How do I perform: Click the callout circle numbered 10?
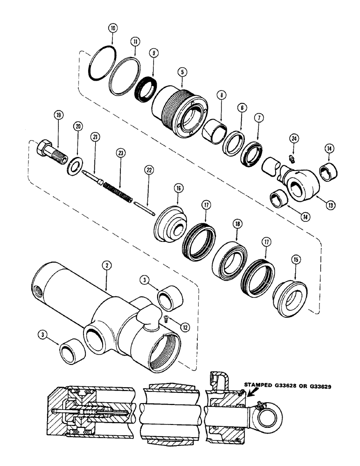coord(112,27)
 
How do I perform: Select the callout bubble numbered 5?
coord(182,72)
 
